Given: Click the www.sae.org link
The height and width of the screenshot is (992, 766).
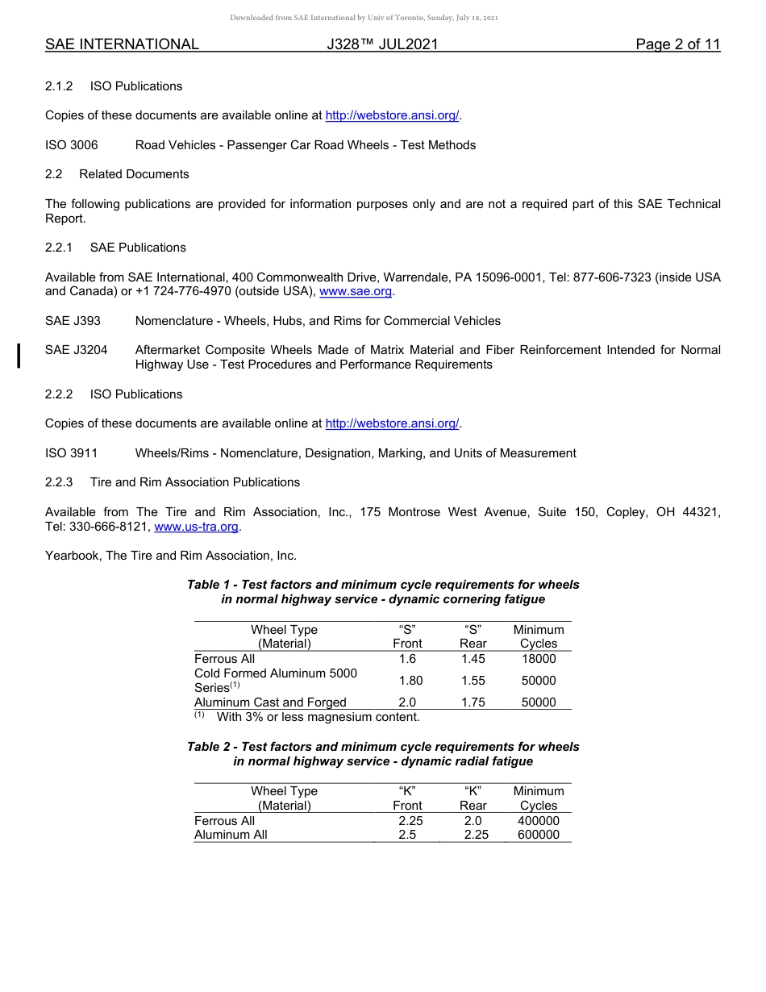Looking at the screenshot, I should pyautogui.click(x=356, y=291).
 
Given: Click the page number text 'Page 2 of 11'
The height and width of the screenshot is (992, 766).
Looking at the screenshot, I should pyautogui.click(x=677, y=44).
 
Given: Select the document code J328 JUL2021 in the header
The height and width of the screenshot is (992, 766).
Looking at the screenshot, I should pyautogui.click(x=382, y=44).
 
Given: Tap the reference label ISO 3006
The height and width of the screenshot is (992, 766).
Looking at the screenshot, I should pyautogui.click(x=72, y=145).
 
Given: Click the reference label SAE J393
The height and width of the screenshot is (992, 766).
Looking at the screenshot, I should pyautogui.click(x=73, y=321).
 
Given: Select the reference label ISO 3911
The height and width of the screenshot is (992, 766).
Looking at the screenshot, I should pyautogui.click(x=72, y=453).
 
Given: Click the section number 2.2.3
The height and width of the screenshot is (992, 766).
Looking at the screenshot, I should pyautogui.click(x=59, y=482).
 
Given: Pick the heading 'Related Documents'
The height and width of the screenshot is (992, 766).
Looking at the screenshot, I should pyautogui.click(x=134, y=174).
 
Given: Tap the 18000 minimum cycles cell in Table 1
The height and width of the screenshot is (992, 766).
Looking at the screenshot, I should pyautogui.click(x=538, y=659).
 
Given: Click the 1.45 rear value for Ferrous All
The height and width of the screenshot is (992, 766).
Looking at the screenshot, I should pyautogui.click(x=473, y=659).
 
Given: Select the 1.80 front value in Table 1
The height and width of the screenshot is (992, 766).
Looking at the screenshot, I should pyautogui.click(x=410, y=681).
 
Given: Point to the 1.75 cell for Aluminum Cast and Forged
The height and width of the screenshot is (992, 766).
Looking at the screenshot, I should pyautogui.click(x=473, y=702).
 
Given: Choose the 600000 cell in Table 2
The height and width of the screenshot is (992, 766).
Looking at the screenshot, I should pyautogui.click(x=538, y=835).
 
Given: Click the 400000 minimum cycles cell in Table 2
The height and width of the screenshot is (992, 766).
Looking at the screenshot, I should pyautogui.click(x=538, y=821).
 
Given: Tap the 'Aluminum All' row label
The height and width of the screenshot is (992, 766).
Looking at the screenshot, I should pyautogui.click(x=231, y=835).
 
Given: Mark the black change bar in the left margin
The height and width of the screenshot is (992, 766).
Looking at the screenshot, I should pyautogui.click(x=19, y=356).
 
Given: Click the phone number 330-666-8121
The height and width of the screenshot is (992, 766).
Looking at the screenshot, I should pyautogui.click(x=106, y=527).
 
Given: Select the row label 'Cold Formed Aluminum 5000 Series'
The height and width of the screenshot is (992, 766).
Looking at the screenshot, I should pyautogui.click(x=275, y=680).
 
